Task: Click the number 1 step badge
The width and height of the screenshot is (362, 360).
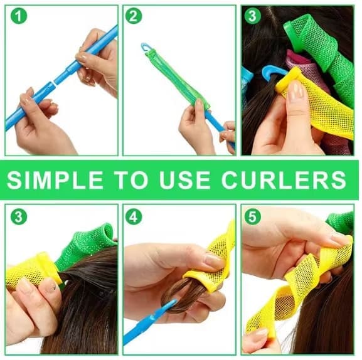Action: coord(18,16)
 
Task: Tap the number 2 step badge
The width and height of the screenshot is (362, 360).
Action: coord(134,16)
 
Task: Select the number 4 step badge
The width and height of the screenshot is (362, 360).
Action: coord(134,217)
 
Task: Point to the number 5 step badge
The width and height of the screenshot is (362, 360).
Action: coord(252,217)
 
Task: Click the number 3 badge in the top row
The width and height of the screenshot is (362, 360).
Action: coord(252,16)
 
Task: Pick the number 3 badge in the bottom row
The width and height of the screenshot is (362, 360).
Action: coord(18,217)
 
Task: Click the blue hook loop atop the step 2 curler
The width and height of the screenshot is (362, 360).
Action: coord(146,47)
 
